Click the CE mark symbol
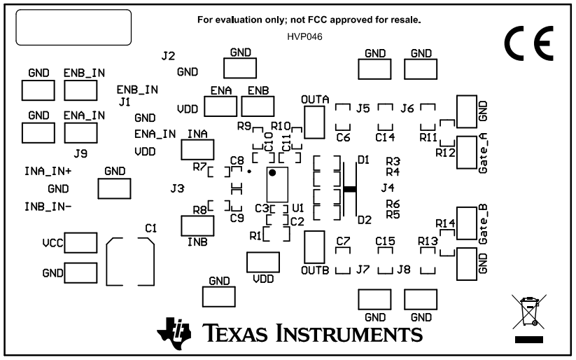[528, 44]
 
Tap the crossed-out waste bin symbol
[528, 312]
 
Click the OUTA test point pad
[315, 122]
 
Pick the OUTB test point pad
[315, 246]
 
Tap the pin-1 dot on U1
[273, 172]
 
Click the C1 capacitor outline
[129, 261]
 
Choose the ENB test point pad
[258, 106]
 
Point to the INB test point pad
[197, 226]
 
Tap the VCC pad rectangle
[80, 242]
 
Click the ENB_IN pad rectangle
[80, 90]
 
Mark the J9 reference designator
[80, 153]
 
